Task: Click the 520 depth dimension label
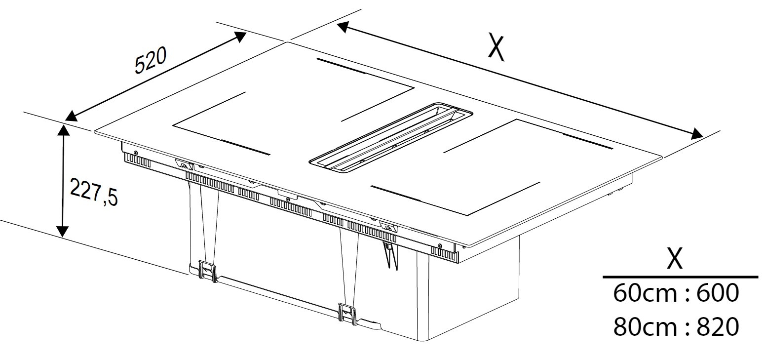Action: pyautogui.click(x=151, y=61)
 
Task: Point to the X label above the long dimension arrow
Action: pyautogui.click(x=496, y=47)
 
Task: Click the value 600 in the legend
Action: pyautogui.click(x=718, y=293)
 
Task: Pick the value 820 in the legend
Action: pyautogui.click(x=718, y=326)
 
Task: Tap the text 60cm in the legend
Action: pyautogui.click(x=645, y=293)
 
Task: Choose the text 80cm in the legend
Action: pyautogui.click(x=645, y=326)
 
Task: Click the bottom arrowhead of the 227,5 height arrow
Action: pyautogui.click(x=62, y=232)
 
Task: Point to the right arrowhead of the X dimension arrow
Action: pyautogui.click(x=695, y=134)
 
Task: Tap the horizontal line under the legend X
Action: pyautogui.click(x=681, y=277)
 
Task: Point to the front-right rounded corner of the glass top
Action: pyautogui.click(x=467, y=244)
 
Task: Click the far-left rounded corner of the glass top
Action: pyautogui.click(x=97, y=131)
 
